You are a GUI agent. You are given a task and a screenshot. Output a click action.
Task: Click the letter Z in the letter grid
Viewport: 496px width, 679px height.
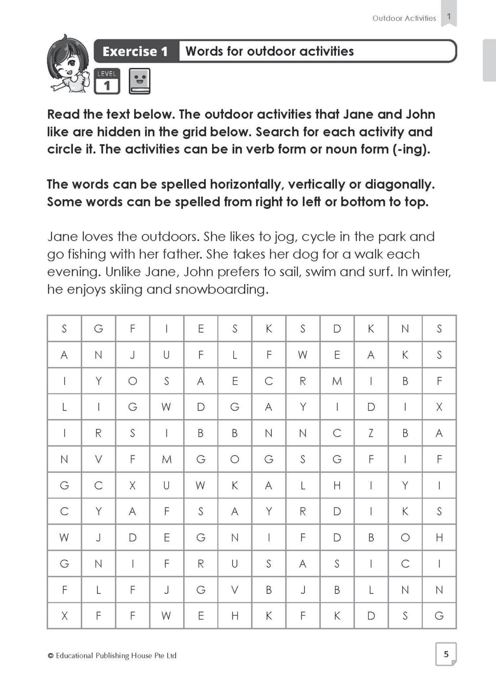pyautogui.click(x=371, y=433)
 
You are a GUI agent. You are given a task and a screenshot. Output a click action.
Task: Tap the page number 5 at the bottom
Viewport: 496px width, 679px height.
pyautogui.click(x=446, y=654)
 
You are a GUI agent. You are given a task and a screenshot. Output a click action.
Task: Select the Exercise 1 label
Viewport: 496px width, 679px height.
pyautogui.click(x=135, y=51)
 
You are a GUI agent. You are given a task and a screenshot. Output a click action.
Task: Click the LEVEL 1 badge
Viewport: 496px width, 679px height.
pyautogui.click(x=106, y=81)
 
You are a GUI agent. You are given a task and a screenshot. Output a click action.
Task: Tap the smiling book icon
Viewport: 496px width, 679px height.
pyautogui.click(x=140, y=81)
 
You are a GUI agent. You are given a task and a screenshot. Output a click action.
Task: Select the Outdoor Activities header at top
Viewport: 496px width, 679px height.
pyautogui.click(x=404, y=18)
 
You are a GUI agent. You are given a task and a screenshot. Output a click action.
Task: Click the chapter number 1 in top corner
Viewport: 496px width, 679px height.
pyautogui.click(x=449, y=17)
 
